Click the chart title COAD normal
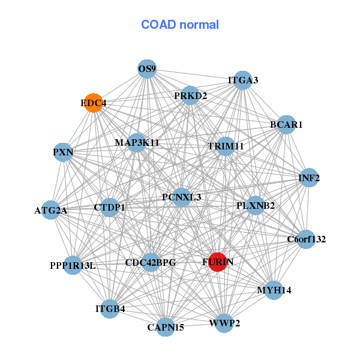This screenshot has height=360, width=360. (x=180, y=25)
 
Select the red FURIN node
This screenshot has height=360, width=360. (x=217, y=262)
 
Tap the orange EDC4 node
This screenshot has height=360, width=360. (x=93, y=103)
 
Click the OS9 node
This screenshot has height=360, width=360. (x=147, y=69)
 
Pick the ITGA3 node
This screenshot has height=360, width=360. (x=242, y=80)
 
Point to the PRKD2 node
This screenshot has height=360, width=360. (x=190, y=95)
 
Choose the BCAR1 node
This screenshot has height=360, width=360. (x=286, y=125)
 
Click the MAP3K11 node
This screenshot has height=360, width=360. (x=137, y=143)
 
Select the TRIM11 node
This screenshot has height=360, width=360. (x=225, y=146)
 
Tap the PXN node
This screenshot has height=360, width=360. (x=63, y=152)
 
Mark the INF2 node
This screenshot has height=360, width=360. (x=309, y=178)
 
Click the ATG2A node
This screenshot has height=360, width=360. (x=51, y=211)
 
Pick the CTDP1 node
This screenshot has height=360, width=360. (x=110, y=208)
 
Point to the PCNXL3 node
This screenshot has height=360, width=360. (x=182, y=197)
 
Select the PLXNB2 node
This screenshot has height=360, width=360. (x=255, y=206)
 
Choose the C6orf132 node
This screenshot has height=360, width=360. (x=305, y=239)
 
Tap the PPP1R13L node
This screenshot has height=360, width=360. (x=73, y=265)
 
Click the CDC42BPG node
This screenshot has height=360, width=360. (x=151, y=262)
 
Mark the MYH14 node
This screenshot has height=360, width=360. (x=274, y=290)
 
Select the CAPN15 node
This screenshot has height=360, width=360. (x=166, y=327)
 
